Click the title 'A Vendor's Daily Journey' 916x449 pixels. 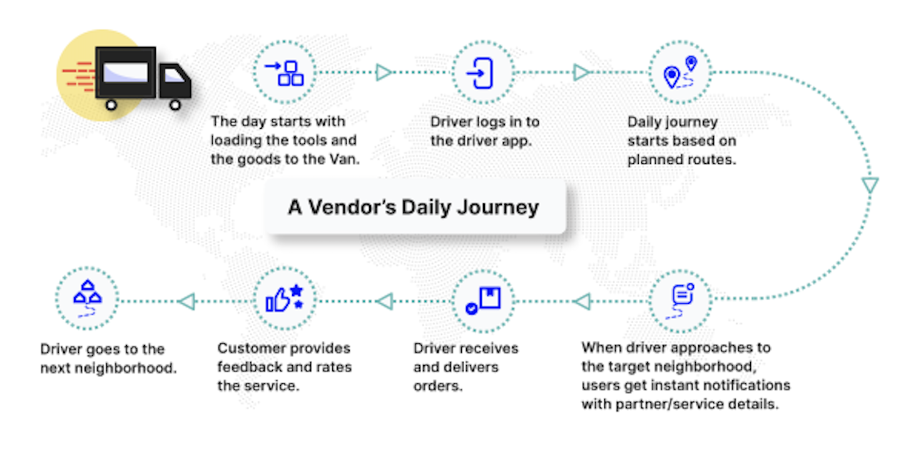point(414,207)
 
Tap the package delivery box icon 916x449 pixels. point(483,301)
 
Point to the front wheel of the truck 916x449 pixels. point(175,104)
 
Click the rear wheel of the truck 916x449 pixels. point(111,104)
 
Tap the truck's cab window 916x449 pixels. point(175,75)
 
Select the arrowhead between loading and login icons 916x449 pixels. point(384,73)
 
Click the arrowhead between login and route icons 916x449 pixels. point(581,73)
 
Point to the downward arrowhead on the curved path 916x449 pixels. point(870,185)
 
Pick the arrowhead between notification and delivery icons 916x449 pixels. point(581,302)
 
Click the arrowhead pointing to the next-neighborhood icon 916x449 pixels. point(186,302)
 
